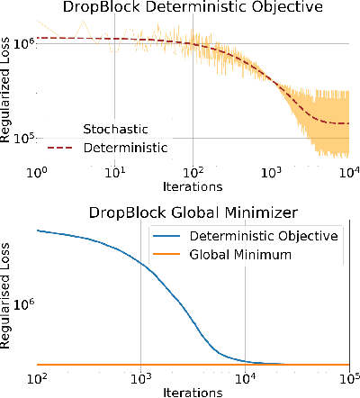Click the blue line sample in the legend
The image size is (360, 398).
point(170,237)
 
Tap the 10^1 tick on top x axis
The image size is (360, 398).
point(114,171)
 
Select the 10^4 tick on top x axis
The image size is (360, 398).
point(346,171)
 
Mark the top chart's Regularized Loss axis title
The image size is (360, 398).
point(8,89)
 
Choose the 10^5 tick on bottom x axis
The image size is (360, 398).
point(347,378)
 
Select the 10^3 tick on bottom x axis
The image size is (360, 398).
point(140,378)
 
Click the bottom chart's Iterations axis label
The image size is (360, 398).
point(193,393)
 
